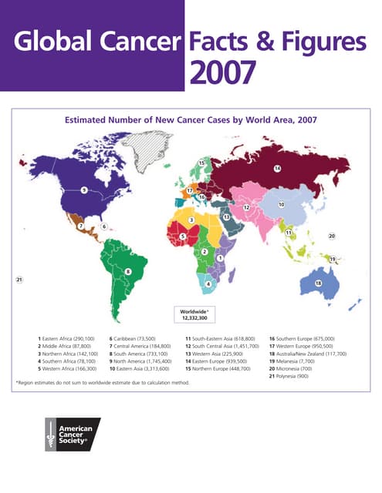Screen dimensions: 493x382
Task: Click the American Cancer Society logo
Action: (x=73, y=434)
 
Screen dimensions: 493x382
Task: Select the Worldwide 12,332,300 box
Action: (x=196, y=314)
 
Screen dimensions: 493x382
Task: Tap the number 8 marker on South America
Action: (x=128, y=271)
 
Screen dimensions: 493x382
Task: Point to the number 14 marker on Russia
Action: (x=276, y=168)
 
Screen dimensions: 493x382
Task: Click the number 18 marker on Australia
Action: (x=318, y=284)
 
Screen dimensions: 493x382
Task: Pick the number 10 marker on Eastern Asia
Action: (x=282, y=205)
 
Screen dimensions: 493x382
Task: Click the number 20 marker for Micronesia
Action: (x=332, y=236)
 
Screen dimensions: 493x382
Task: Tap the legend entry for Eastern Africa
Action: (x=66, y=339)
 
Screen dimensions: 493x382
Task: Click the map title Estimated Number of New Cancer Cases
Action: (x=191, y=119)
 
